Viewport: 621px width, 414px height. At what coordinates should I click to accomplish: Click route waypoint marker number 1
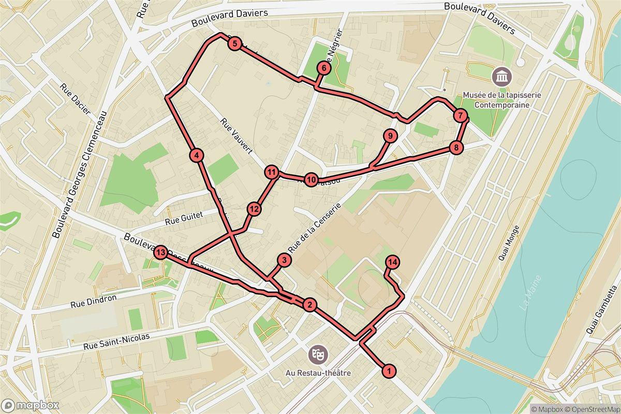tap(388, 371)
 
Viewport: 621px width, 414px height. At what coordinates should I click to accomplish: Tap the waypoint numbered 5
tap(235, 44)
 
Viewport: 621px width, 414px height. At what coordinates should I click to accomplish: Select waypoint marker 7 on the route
tap(460, 115)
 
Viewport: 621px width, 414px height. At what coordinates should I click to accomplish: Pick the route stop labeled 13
tap(161, 253)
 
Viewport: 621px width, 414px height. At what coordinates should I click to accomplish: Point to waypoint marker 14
tap(392, 262)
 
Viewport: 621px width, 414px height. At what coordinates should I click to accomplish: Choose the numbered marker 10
tap(310, 180)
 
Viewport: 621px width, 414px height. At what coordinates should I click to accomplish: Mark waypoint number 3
tap(284, 260)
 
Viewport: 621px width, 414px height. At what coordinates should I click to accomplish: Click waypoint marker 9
tap(390, 136)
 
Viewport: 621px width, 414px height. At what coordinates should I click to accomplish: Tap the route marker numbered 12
tap(254, 209)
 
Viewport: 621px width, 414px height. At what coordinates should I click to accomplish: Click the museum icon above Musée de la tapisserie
tap(501, 77)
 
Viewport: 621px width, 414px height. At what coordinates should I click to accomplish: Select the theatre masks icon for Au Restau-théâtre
tap(317, 354)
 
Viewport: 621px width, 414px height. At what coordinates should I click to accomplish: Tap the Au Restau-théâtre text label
tap(318, 373)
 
